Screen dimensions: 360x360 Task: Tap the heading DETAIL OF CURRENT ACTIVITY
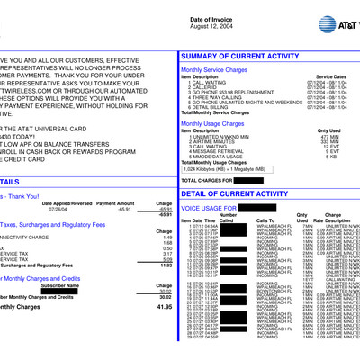(237, 193)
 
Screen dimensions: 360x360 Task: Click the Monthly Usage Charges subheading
(217, 122)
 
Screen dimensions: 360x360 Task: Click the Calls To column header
(267, 220)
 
